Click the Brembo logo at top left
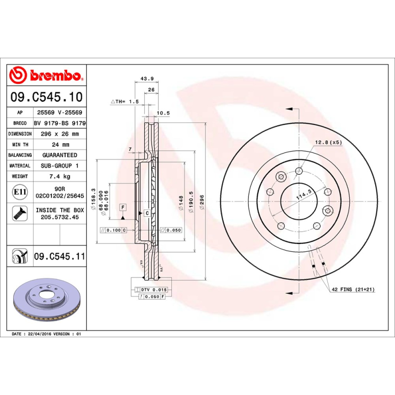click(x=46, y=76)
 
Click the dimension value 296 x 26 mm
click(x=59, y=134)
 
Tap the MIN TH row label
click(x=20, y=145)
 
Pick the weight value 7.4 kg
click(x=59, y=176)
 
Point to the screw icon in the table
click(x=20, y=213)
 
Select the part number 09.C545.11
click(x=59, y=257)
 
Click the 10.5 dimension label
click(x=163, y=113)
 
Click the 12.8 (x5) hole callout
click(x=328, y=142)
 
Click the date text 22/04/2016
click(x=40, y=334)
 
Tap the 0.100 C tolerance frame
click(x=113, y=230)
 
